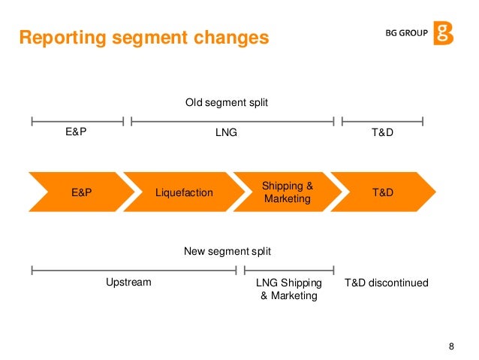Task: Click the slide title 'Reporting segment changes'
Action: coord(143,37)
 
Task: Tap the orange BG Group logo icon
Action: coord(443,34)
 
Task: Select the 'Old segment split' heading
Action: coord(227,102)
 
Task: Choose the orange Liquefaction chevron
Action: coord(182,192)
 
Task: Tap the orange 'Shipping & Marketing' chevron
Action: coord(286,192)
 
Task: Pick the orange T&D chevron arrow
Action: coord(383,192)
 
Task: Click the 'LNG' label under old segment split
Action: coord(227,133)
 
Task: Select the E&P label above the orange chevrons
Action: coord(77,133)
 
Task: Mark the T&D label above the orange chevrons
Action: coord(383,133)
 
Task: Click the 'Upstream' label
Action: coord(128,283)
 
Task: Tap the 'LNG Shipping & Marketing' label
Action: coord(289,289)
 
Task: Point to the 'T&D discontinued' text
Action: coord(387,283)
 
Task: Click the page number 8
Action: coord(451,346)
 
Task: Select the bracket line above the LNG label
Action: coord(232,119)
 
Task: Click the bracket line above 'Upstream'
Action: coord(134,269)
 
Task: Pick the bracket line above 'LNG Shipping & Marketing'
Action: coord(289,269)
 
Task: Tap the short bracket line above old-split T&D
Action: coord(382,119)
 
